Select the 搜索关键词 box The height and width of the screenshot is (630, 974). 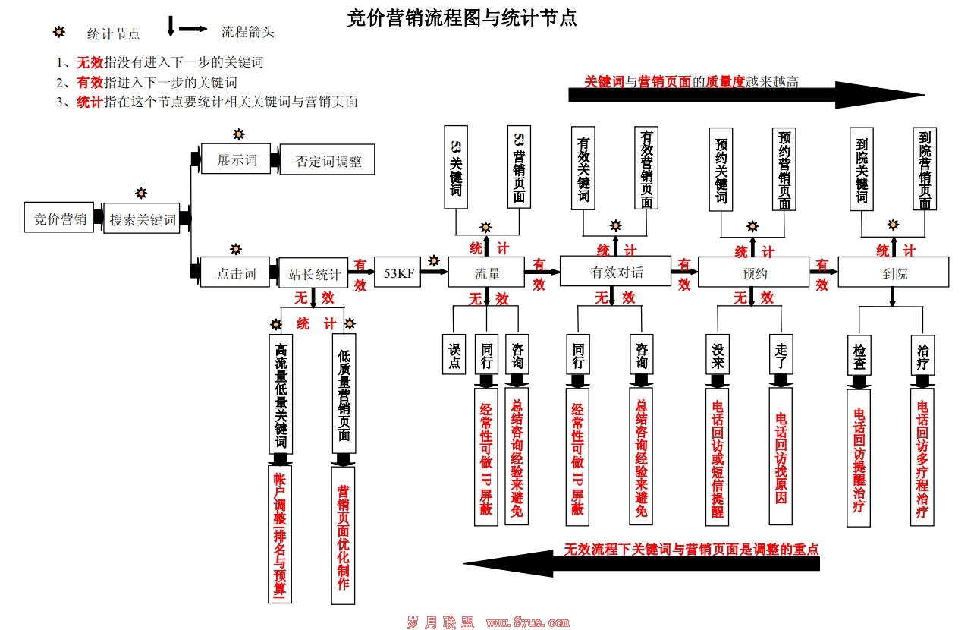pyautogui.click(x=142, y=219)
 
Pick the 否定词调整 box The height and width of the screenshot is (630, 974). pyautogui.click(x=327, y=160)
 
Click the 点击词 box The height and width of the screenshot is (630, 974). pyautogui.click(x=236, y=272)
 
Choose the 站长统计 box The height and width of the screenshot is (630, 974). pyautogui.click(x=315, y=273)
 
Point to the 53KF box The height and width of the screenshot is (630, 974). pyautogui.click(x=397, y=272)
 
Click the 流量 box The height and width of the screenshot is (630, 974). pyautogui.click(x=486, y=272)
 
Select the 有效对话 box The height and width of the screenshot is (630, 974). pyautogui.click(x=615, y=271)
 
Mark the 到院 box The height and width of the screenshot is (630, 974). pyautogui.click(x=894, y=272)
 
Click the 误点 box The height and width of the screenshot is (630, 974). pyautogui.click(x=454, y=354)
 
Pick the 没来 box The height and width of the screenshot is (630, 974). pyautogui.click(x=718, y=354)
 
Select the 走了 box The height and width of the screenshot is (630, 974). pyautogui.click(x=781, y=354)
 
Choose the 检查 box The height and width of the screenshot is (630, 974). pyautogui.click(x=859, y=354)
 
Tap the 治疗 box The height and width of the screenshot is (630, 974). pyautogui.click(x=922, y=354)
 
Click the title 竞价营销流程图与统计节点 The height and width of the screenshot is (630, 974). pyautogui.click(x=461, y=18)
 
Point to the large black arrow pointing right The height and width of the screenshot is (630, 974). pyautogui.click(x=746, y=95)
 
